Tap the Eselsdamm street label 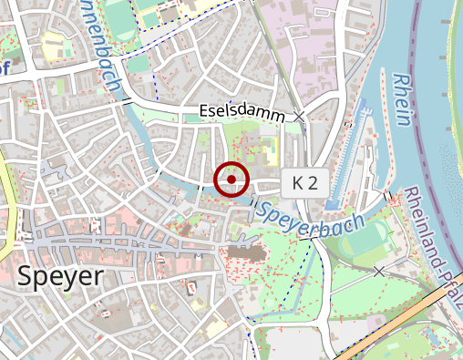pyautogui.click(x=242, y=111)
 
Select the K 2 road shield pyautogui.click(x=304, y=182)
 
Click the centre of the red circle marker pyautogui.click(x=231, y=180)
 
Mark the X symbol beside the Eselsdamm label pyautogui.click(x=300, y=116)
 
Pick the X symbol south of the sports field pyautogui.click(x=379, y=271)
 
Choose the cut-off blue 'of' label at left pyautogui.click(x=5, y=69)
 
